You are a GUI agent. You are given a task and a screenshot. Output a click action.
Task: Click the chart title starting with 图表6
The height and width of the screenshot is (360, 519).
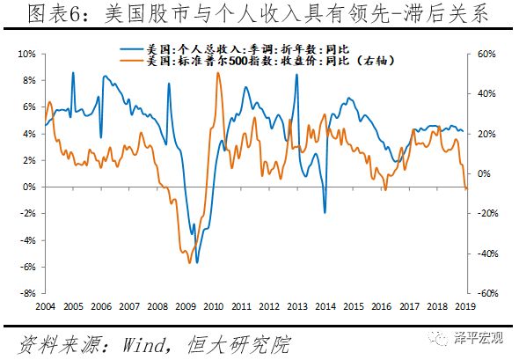click(x=259, y=15)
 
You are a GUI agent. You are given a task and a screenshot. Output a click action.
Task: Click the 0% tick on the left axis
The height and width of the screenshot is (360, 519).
click(x=28, y=187)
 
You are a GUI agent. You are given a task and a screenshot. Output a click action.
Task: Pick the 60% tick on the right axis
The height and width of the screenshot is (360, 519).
click(x=487, y=54)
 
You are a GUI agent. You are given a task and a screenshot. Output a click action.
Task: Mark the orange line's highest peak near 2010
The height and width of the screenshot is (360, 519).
click(x=217, y=97)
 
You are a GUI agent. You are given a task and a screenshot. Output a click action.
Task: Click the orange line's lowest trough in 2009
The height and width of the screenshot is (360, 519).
click(x=188, y=262)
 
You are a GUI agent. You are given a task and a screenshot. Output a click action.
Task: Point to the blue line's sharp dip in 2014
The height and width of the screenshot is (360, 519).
click(x=325, y=213)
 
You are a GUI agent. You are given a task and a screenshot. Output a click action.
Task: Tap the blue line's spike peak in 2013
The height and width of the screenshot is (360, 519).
click(x=296, y=74)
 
